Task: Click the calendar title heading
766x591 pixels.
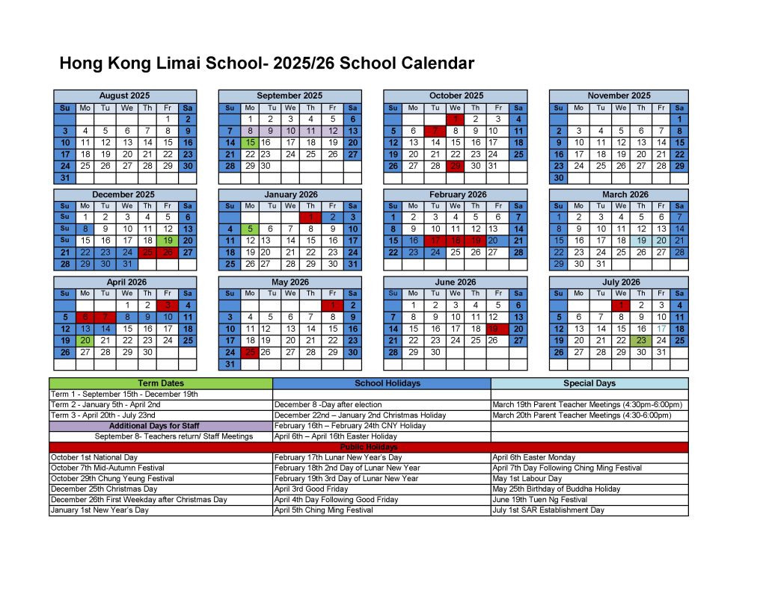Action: pos(266,64)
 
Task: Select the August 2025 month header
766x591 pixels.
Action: pos(124,96)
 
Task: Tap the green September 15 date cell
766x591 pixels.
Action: pos(251,142)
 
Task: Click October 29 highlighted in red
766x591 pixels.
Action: pos(455,166)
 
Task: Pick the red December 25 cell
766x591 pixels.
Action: pos(147,253)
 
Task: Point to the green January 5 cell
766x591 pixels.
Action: pos(251,229)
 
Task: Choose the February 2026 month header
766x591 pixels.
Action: pos(455,194)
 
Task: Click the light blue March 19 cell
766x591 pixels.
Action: pos(641,241)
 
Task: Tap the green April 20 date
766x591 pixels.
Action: pos(85,340)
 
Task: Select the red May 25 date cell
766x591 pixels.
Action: pos(251,352)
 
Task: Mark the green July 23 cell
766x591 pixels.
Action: pos(641,340)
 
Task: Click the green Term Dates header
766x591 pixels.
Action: pos(161,383)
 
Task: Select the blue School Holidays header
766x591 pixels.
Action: pos(382,383)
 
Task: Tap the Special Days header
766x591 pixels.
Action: pos(589,383)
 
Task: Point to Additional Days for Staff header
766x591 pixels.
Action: pos(161,426)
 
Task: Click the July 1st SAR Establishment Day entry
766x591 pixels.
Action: pos(548,510)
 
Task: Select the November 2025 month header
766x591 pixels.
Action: pos(619,96)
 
